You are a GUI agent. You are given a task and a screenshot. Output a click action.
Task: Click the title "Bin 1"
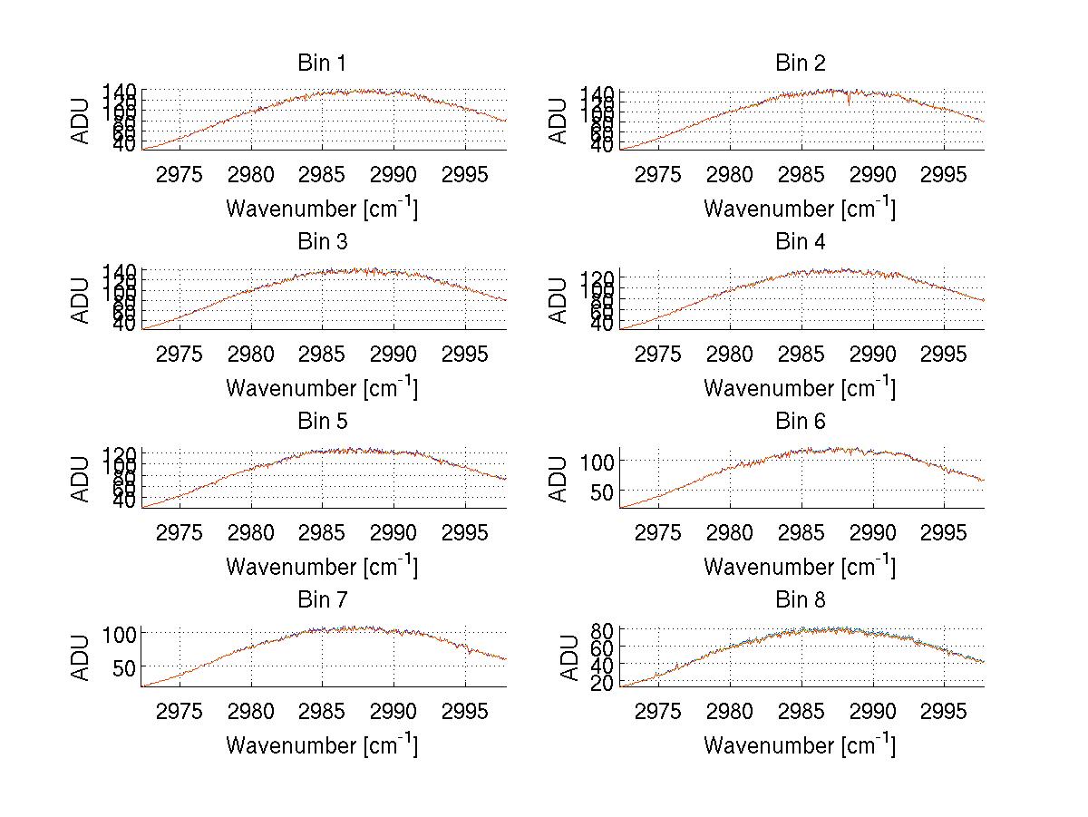pyautogui.click(x=322, y=63)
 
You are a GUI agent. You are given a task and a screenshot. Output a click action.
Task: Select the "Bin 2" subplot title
pyautogui.click(x=800, y=63)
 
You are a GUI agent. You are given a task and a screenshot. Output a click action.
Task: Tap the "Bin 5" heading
pyautogui.click(x=322, y=422)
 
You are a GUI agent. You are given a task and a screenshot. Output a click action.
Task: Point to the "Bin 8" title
pyautogui.click(x=800, y=600)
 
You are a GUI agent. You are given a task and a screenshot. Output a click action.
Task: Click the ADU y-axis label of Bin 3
pyautogui.click(x=82, y=300)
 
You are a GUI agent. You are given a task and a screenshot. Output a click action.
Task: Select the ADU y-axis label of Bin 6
pyautogui.click(x=559, y=479)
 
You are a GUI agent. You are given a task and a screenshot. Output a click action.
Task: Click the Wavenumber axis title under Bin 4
pyautogui.click(x=800, y=387)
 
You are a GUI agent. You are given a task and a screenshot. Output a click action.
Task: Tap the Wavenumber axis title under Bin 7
pyautogui.click(x=322, y=745)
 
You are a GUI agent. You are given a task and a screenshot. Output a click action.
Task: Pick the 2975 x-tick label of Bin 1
pyautogui.click(x=180, y=174)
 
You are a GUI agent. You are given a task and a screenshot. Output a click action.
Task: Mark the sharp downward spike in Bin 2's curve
pyautogui.click(x=849, y=103)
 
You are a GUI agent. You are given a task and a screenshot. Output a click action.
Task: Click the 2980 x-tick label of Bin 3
pyautogui.click(x=251, y=353)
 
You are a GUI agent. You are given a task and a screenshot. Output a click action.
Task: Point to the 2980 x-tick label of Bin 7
pyautogui.click(x=251, y=710)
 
